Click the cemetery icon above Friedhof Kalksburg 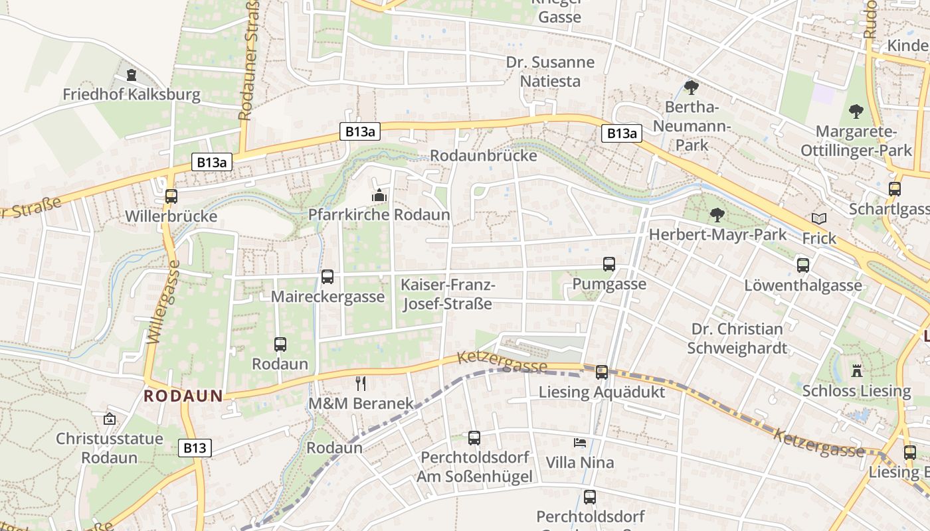[x=132, y=74]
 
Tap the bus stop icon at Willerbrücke [x=171, y=196]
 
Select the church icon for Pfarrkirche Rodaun [x=379, y=195]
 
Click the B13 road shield [x=195, y=448]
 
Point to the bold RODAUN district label [x=183, y=396]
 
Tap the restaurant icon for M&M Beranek [x=361, y=383]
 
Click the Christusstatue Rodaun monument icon [x=110, y=419]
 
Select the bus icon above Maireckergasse [x=327, y=277]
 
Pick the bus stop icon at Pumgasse [x=609, y=264]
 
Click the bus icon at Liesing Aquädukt [x=602, y=372]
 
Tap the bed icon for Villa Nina [x=580, y=442]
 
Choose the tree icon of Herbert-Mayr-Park [x=717, y=214]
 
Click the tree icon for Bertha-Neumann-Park [x=692, y=87]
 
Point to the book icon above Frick [x=819, y=218]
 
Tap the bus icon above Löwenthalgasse [x=803, y=265]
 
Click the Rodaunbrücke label [x=484, y=155]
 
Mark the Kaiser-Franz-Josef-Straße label [x=447, y=294]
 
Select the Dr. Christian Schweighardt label [x=737, y=339]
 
